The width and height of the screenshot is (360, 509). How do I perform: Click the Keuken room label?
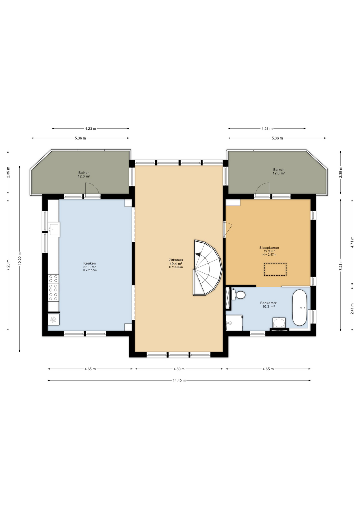90,263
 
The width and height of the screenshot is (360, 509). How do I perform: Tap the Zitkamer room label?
176,260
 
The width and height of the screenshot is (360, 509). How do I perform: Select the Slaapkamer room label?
269,248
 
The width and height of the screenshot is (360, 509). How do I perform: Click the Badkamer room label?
268,303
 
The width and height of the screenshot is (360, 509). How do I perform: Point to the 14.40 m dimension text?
179,380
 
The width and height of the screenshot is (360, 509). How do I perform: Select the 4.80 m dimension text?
179,369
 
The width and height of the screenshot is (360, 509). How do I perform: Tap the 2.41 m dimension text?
352,309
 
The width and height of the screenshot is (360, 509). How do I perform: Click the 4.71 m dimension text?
352,242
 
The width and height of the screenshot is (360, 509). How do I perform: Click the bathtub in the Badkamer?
300,308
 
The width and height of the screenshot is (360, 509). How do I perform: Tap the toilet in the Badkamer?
238,295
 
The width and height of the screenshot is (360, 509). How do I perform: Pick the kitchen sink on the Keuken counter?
54,229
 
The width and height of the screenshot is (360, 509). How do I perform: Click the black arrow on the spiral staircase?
198,254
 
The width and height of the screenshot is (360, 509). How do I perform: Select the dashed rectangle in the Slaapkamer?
275,269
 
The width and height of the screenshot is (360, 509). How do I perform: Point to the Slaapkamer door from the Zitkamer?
228,229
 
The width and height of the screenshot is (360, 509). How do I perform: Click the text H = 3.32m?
176,267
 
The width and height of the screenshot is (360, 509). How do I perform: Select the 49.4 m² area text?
176,264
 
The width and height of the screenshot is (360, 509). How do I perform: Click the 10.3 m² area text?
268,306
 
